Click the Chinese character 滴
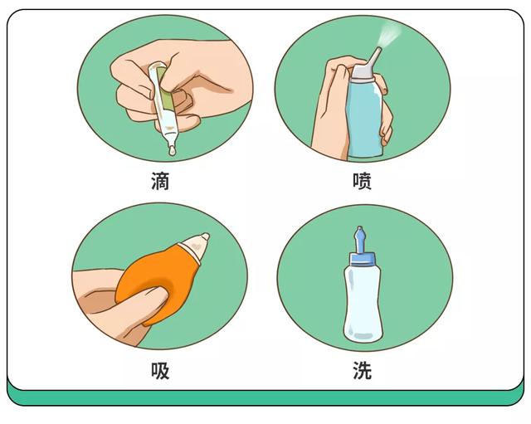tap(160, 182)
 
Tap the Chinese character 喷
tap(362, 182)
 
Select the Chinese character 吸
tap(160, 371)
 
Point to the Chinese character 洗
tap(362, 371)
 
